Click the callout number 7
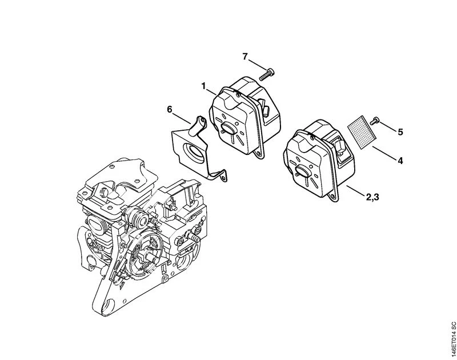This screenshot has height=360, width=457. pos(245,56)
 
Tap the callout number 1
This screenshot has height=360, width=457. pos(203,86)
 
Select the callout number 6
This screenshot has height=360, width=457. pos(170,109)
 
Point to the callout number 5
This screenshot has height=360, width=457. pos(400,132)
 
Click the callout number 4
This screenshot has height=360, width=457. pos(400,161)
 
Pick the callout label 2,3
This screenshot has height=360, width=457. pos(372,197)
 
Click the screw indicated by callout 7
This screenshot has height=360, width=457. pos(267,74)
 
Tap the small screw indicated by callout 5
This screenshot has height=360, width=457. pos(375,121)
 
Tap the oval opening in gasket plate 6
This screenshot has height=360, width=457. pos(194,151)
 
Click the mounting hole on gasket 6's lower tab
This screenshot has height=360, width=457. pos(223,177)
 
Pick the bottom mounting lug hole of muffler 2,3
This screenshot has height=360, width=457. pos(333,197)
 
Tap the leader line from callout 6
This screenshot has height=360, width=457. pos(182,119)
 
